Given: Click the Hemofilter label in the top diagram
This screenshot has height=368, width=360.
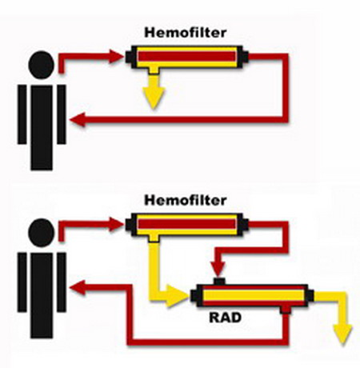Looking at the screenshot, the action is point(186,33).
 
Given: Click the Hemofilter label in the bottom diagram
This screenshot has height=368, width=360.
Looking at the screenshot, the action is point(186,200).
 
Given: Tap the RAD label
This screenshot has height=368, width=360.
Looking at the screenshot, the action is point(226,318).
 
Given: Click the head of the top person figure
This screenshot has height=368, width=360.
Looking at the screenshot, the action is point(42,65).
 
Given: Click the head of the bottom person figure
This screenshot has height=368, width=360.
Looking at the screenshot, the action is point(42,232).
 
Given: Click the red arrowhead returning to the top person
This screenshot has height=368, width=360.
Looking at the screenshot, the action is point(78,120).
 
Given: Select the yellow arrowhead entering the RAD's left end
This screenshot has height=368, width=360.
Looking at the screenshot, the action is point(177,296).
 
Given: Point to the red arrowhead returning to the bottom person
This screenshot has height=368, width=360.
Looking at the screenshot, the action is point(78,288).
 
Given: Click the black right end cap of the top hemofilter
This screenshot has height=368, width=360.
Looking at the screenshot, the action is point(245,57).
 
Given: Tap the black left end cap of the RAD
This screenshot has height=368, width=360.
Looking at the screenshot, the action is point(194,296).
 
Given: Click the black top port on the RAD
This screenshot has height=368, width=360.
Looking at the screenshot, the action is point(219,282).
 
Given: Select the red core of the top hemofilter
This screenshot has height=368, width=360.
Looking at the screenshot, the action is point(187,57).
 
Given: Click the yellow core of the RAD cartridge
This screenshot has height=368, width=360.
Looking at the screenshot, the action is point(254,296).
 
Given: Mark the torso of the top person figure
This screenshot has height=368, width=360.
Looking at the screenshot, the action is point(42,128).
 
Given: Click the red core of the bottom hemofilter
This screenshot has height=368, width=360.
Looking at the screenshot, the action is point(187,224).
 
